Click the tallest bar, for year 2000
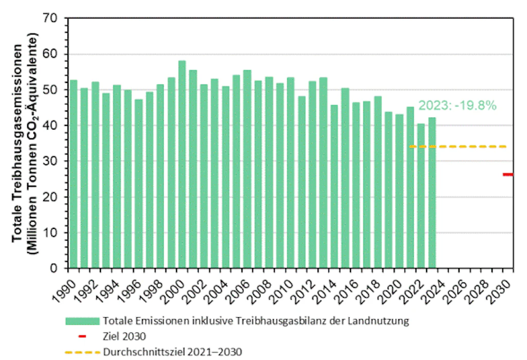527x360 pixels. point(182,165)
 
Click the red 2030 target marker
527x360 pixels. point(508,174)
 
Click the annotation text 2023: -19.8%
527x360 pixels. point(457,106)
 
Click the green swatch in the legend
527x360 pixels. point(82,321)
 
